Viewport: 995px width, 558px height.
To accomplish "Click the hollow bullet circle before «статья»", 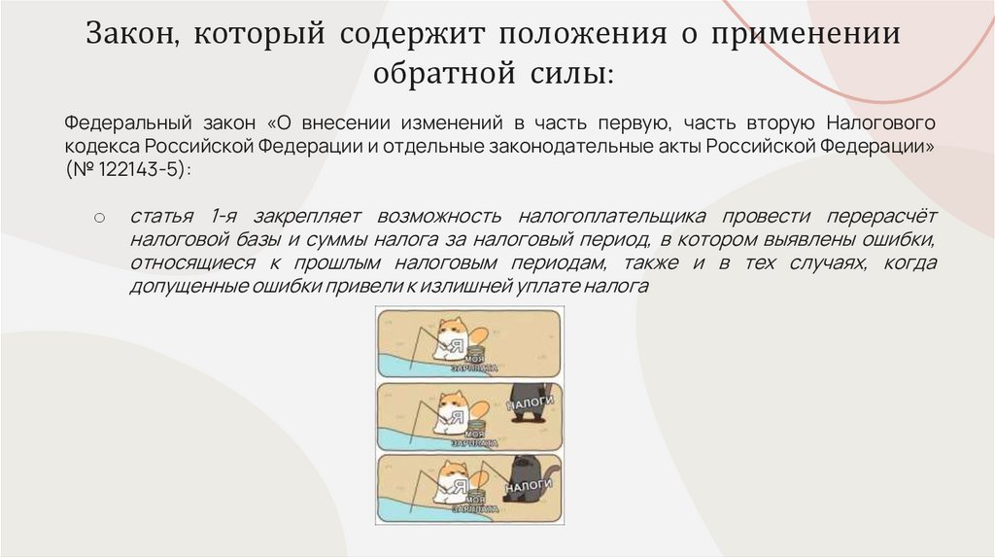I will pyautogui.click(x=99, y=217).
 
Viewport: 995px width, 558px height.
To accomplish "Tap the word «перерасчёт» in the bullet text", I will pyautogui.click(x=875, y=215).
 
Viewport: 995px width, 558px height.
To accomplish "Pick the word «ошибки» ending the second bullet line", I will pyautogui.click(x=904, y=238).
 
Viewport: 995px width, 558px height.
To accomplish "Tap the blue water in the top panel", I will pyautogui.click(x=398, y=361).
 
